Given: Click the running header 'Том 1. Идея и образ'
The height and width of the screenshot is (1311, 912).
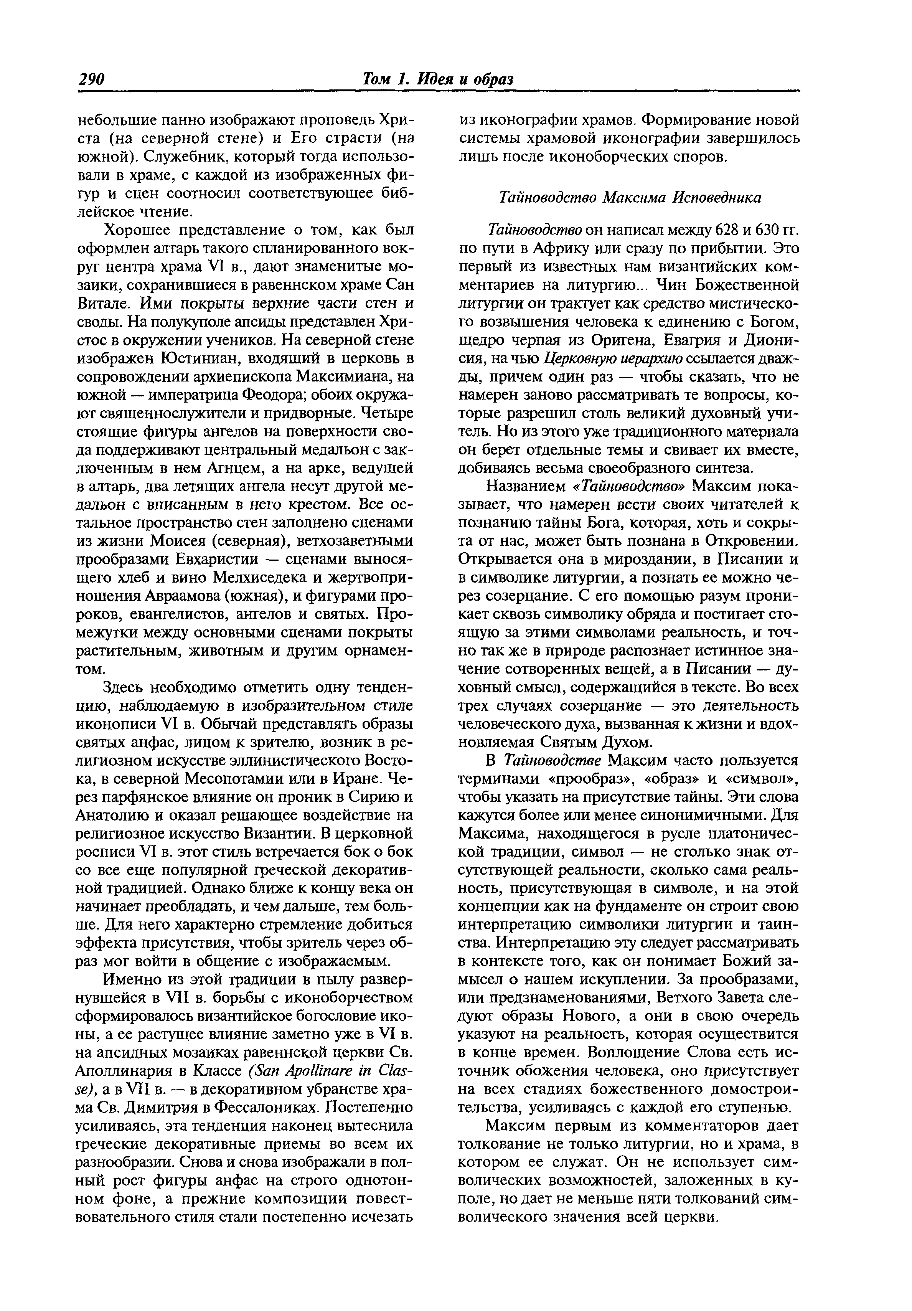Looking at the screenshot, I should [438, 79].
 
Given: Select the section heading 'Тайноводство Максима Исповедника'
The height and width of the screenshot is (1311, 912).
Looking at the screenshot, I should [630, 198].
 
